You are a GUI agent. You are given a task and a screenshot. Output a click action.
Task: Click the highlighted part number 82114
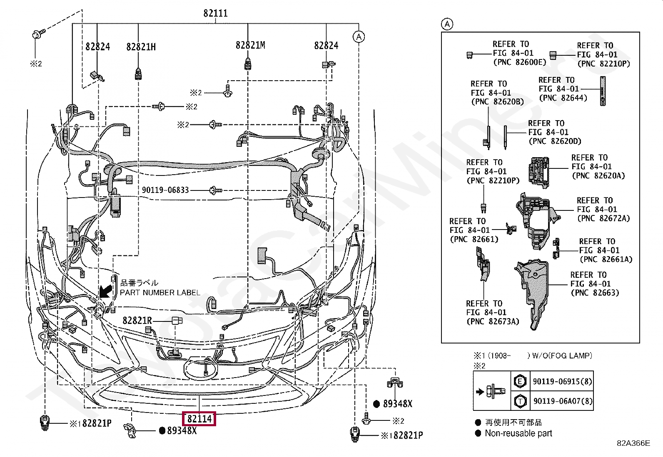[x=199, y=419]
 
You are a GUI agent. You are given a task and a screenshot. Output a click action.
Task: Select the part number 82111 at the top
[x=215, y=13]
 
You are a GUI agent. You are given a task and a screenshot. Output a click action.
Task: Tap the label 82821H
[x=141, y=47]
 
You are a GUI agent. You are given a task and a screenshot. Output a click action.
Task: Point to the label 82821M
[x=250, y=45]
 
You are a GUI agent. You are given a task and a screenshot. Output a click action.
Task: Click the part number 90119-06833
[x=165, y=190]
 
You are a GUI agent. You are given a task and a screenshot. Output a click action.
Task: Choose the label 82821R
[x=137, y=321]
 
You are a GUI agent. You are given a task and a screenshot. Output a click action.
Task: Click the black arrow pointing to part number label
[x=106, y=291]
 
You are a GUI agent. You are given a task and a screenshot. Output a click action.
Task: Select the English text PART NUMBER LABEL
[x=160, y=293]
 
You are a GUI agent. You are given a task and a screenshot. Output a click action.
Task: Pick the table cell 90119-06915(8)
[x=562, y=381]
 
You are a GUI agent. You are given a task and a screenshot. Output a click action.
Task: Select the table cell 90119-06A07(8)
[x=563, y=401]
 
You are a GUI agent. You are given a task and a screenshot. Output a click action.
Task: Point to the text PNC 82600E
[x=519, y=62]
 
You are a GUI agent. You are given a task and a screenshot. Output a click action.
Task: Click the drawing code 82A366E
[x=633, y=443]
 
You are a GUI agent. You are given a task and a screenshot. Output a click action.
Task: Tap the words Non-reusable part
[x=518, y=433]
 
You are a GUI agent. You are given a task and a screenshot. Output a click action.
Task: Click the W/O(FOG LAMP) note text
[x=562, y=356]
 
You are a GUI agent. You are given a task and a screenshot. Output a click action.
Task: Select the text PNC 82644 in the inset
[x=563, y=98]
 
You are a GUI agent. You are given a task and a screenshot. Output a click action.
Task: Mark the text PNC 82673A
[x=493, y=321]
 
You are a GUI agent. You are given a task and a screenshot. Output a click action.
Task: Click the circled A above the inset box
[x=447, y=24]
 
